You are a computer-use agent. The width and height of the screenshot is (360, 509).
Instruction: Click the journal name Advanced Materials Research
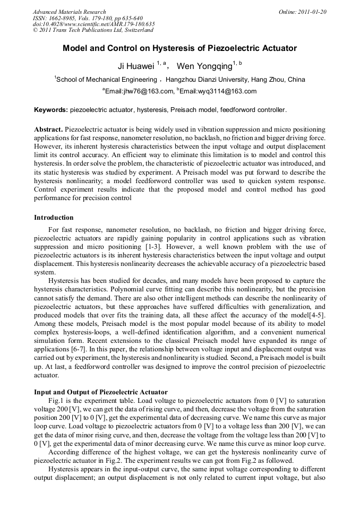(x=69, y=12)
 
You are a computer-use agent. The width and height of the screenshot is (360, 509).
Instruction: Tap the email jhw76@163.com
(x=140, y=91)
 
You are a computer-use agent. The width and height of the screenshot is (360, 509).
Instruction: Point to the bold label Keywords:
(x=51, y=110)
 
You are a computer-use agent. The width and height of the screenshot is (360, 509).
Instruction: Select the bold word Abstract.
(x=48, y=130)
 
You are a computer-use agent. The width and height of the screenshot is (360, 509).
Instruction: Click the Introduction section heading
(x=54, y=218)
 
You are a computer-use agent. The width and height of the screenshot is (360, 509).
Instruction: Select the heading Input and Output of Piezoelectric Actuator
(x=101, y=392)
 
